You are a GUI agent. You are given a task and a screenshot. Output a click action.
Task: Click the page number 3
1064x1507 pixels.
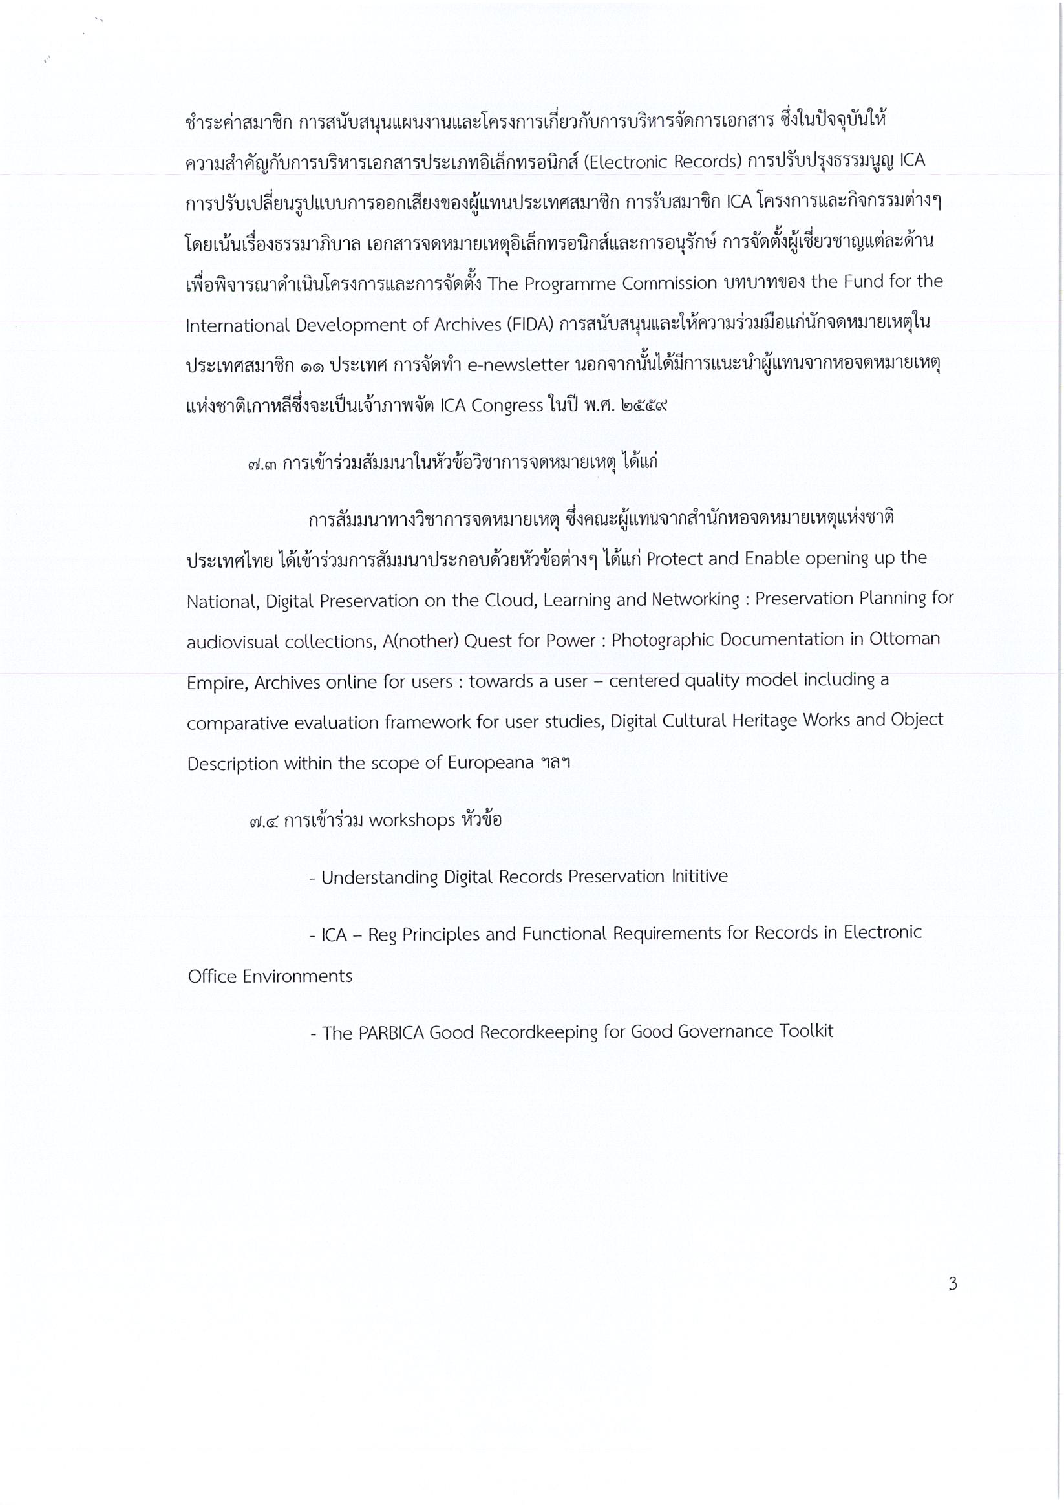(952, 1284)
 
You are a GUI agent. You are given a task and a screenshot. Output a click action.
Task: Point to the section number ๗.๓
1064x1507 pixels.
(262, 464)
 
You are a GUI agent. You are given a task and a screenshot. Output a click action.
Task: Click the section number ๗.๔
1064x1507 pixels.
(264, 821)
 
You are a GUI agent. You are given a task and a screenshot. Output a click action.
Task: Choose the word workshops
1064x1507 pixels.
(412, 820)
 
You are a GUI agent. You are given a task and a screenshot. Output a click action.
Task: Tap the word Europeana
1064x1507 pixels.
(491, 764)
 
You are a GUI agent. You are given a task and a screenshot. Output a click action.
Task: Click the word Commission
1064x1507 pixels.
(670, 284)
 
